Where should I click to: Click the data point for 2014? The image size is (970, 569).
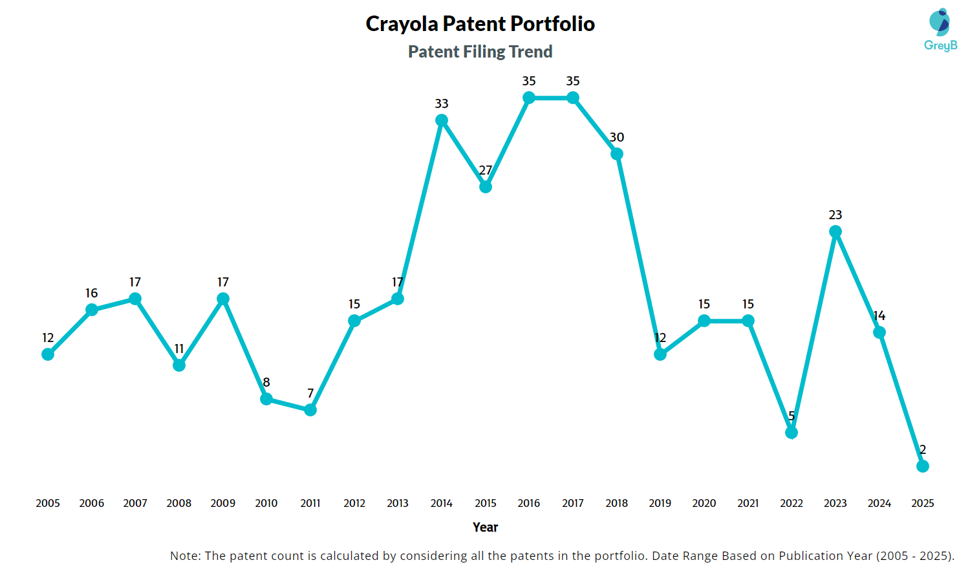point(442,120)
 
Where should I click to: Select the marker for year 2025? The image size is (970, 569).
point(923,466)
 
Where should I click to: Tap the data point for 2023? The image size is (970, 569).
point(835,231)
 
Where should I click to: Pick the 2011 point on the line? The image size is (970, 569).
point(310,410)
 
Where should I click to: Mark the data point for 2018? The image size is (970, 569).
point(617,154)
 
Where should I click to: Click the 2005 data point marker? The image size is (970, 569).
point(48,354)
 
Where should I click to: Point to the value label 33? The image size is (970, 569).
point(442,103)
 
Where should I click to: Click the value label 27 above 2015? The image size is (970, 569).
point(486,170)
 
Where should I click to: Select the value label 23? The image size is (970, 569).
point(835,215)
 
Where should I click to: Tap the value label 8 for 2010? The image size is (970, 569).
point(266,382)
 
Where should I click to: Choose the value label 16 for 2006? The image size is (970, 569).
point(92,293)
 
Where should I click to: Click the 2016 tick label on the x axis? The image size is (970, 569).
point(529,503)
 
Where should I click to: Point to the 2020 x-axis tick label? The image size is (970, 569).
point(704,503)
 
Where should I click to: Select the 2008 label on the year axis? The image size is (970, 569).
point(179,503)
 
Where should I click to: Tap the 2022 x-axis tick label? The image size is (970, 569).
point(792,503)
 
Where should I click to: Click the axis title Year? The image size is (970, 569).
point(485,527)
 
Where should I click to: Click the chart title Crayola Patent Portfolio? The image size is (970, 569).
point(480,24)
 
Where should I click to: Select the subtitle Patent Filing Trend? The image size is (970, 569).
point(480,52)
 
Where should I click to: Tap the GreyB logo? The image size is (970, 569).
point(940,30)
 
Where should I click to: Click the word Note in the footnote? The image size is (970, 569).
point(184,555)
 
